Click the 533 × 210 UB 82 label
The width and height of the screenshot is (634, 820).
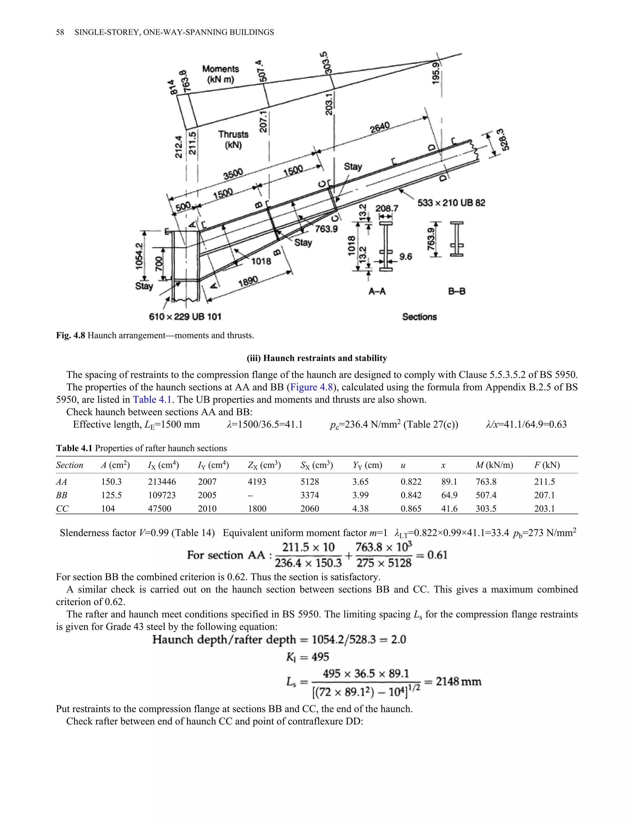(451, 203)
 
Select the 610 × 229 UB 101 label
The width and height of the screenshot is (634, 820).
(185, 317)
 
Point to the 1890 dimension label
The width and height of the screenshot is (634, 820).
(248, 282)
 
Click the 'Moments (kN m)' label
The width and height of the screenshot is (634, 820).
(220, 74)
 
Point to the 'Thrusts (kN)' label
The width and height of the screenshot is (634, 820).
(233, 139)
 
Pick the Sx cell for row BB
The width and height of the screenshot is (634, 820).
(310, 495)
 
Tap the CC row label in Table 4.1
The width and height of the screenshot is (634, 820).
(62, 509)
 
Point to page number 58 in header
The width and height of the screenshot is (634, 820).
(60, 32)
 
